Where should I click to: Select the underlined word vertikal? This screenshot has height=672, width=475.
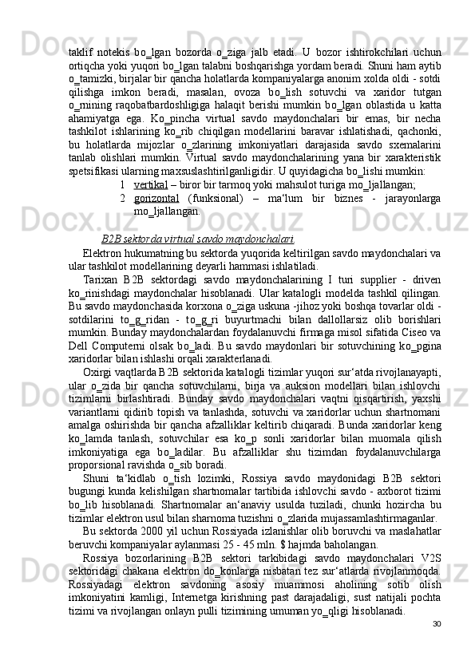[150, 184]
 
